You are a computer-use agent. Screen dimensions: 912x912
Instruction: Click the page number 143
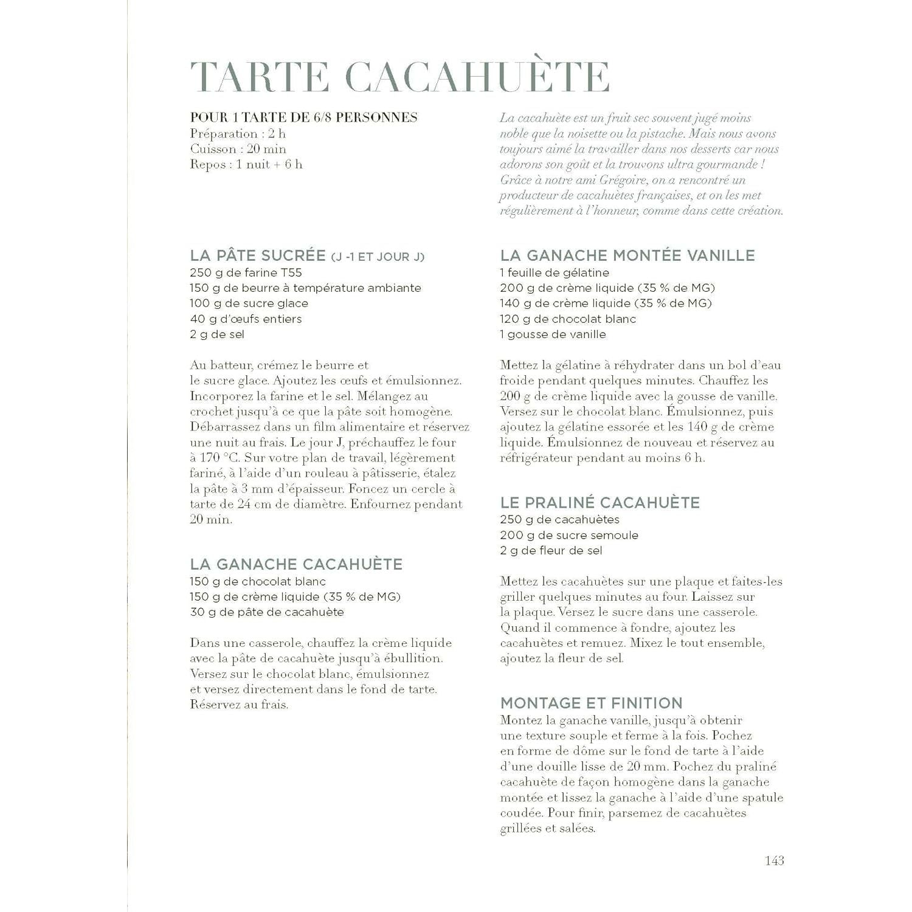[774, 860]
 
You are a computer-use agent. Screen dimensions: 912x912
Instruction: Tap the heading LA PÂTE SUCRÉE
[258, 255]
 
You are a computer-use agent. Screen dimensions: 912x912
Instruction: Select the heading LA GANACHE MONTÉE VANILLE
[627, 255]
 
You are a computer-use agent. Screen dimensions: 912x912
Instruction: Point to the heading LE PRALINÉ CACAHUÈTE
[599, 502]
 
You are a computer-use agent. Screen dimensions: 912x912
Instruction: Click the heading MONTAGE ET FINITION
[591, 703]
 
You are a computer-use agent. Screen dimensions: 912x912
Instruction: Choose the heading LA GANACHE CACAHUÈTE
[296, 564]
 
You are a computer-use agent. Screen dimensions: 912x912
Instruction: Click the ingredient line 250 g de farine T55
[246, 272]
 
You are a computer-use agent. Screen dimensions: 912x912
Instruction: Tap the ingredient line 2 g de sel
[217, 334]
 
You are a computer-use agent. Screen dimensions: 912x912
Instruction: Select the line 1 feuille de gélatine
[554, 272]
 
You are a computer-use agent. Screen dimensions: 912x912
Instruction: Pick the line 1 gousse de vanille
[553, 334]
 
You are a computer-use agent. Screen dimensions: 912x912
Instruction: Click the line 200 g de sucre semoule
[568, 535]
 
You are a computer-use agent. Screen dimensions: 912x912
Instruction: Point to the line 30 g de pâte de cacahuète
[266, 612]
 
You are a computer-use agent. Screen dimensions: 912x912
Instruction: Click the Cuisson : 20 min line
[238, 149]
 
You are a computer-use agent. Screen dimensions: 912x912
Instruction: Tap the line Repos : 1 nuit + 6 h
[246, 164]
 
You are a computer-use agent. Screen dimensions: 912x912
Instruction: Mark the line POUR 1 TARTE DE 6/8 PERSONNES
[303, 117]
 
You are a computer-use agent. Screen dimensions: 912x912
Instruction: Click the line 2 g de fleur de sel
[551, 550]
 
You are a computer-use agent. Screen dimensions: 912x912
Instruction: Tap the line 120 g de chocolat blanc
[567, 319]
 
